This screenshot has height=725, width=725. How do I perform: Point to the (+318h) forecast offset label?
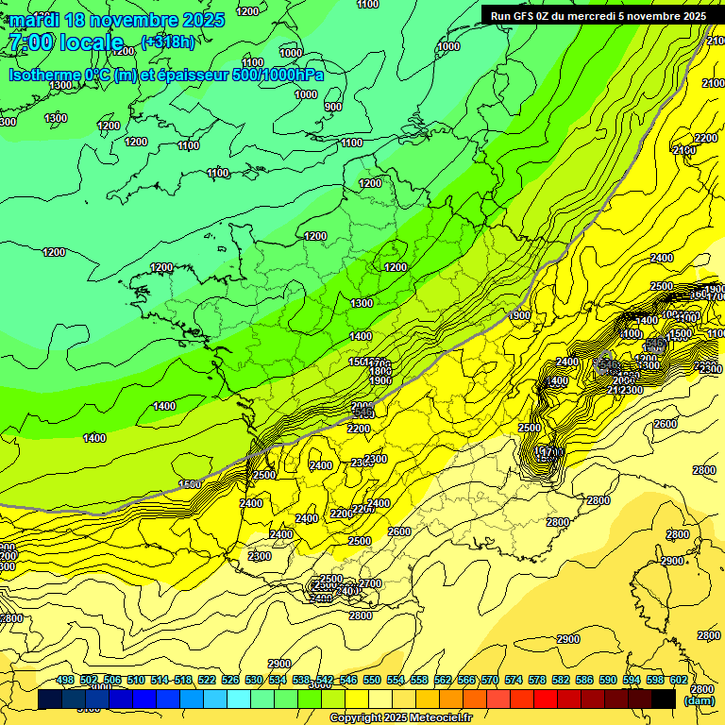coord(169,42)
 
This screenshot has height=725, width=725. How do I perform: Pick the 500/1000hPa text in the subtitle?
coord(278,75)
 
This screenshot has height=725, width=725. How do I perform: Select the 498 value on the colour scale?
coord(65,681)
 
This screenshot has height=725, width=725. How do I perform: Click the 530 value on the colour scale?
coord(254,681)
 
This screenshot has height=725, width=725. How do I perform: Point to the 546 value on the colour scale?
coord(348,681)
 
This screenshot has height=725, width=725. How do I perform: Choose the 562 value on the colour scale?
coord(443,681)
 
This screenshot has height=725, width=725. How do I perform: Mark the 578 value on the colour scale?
coord(538,681)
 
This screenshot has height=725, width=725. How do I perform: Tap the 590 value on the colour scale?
coord(609,681)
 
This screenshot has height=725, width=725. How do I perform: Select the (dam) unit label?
coord(699,700)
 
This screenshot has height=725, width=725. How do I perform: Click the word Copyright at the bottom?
coord(357,718)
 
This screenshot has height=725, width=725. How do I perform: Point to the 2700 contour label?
coord(371,583)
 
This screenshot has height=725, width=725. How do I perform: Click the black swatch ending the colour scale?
coord(664,699)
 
